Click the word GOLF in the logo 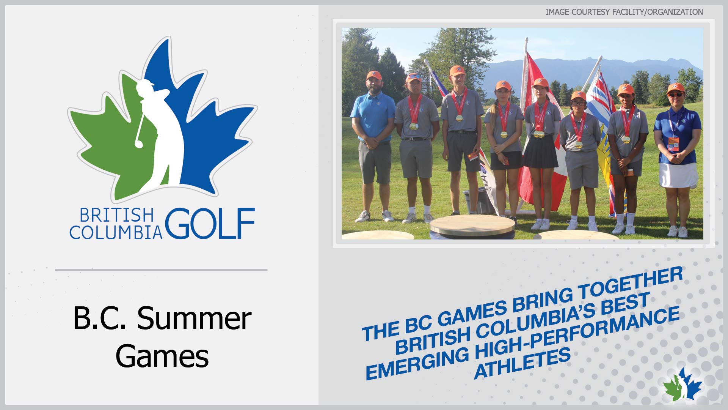click(x=210, y=223)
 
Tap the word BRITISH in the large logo click(x=117, y=215)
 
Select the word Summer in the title click(x=194, y=318)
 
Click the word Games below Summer click(x=162, y=356)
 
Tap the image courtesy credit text click(x=624, y=12)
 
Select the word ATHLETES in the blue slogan click(x=522, y=363)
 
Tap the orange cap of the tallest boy click(x=457, y=70)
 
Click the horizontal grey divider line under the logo click(x=161, y=270)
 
